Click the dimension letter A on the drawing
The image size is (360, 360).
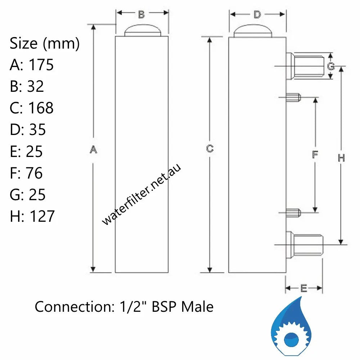(93, 149)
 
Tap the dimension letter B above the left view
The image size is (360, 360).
(141, 14)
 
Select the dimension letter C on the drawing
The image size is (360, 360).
(210, 148)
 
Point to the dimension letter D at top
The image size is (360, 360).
(257, 14)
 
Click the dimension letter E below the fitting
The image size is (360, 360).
(303, 288)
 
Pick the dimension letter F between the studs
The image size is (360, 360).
(315, 155)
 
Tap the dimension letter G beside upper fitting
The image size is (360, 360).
(331, 66)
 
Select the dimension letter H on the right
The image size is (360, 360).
(341, 158)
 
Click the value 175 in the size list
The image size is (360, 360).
(41, 65)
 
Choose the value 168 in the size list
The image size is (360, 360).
(41, 108)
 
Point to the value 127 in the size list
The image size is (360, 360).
(42, 216)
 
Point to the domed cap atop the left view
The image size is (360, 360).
(142, 30)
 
